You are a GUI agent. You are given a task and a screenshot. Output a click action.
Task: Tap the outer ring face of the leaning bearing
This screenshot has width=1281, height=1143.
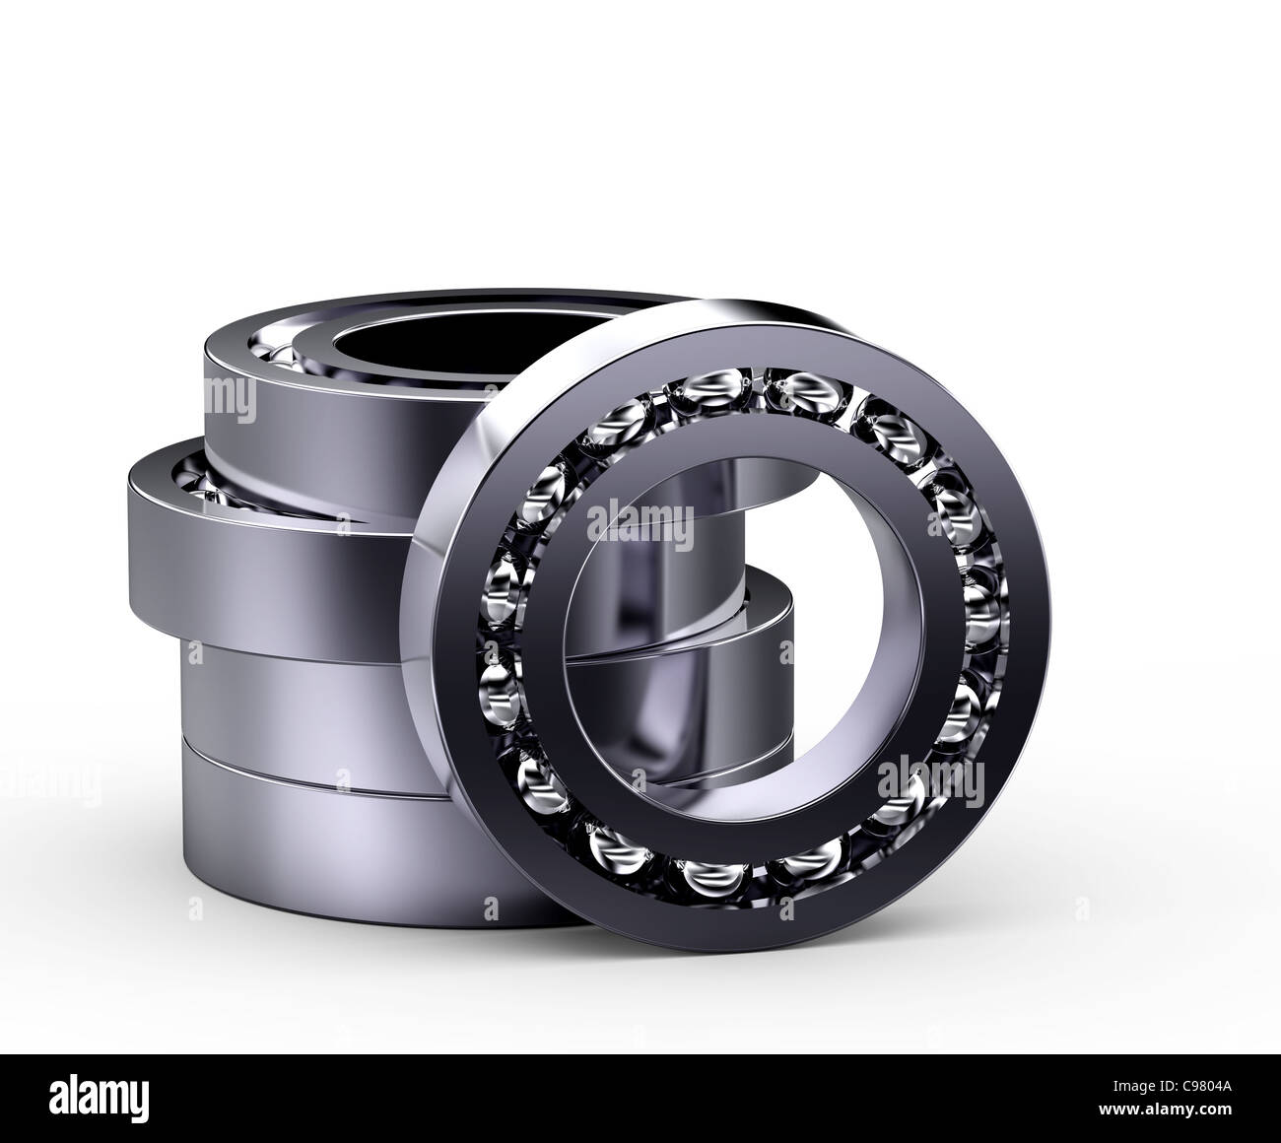click(x=1015, y=749)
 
